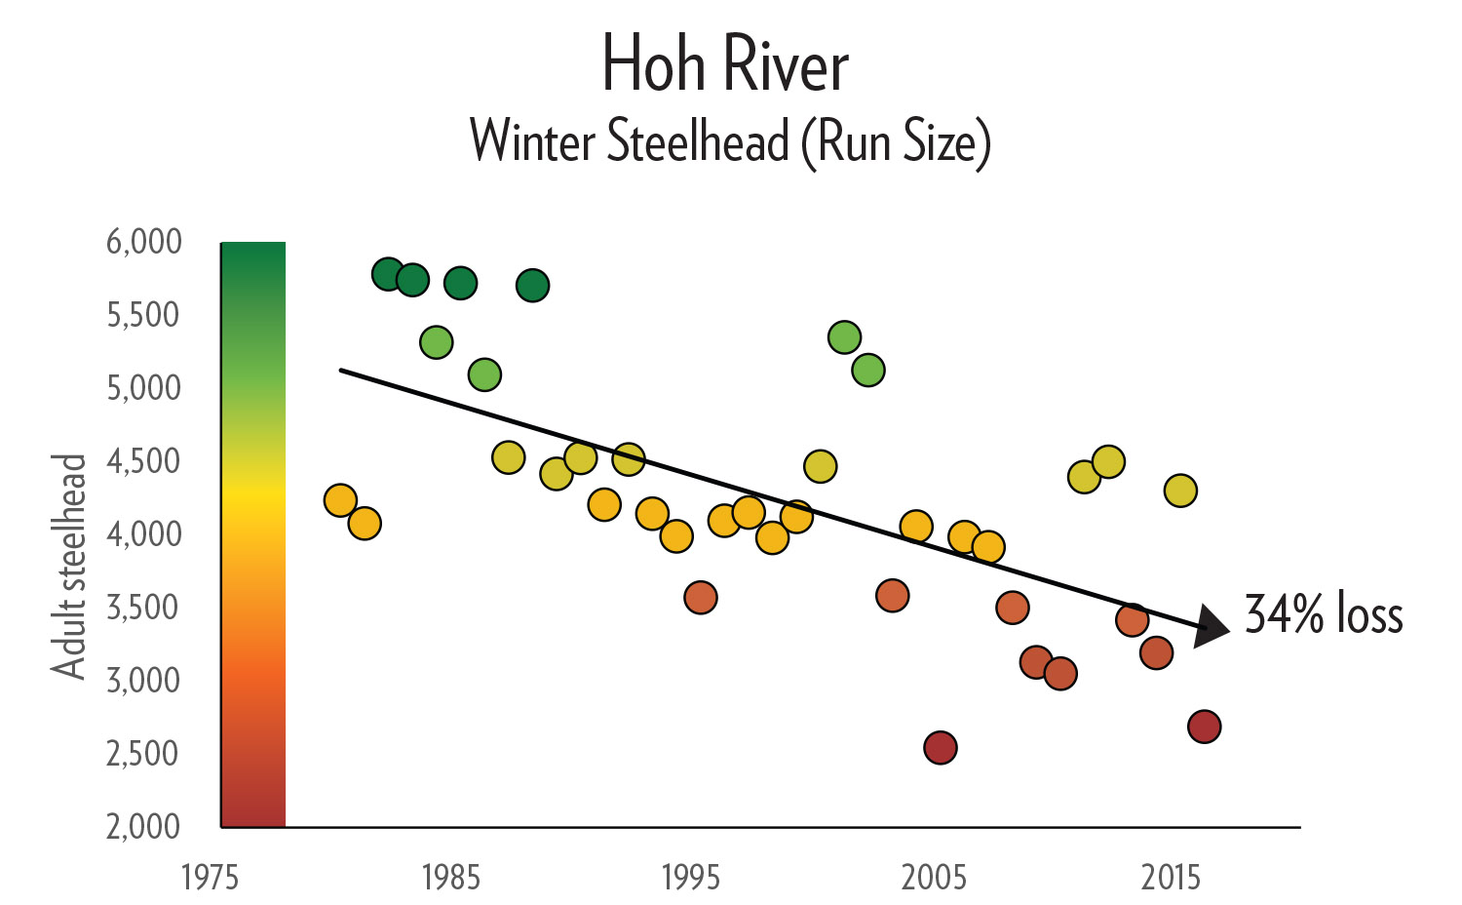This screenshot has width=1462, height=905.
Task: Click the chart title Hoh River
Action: (726, 65)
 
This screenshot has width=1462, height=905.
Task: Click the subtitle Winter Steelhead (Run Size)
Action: (730, 142)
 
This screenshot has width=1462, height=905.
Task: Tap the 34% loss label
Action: (1324, 614)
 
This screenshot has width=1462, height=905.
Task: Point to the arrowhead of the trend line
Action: (1212, 625)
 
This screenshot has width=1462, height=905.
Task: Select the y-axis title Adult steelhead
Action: (69, 566)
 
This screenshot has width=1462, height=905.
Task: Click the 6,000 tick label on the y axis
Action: (144, 241)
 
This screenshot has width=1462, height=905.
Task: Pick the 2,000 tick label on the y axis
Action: (144, 826)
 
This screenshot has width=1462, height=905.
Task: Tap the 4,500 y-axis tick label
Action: (144, 460)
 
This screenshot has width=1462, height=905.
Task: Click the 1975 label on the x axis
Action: (211, 878)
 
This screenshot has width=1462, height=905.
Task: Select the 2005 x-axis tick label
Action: (934, 878)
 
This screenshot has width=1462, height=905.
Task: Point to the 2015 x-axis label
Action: (1172, 878)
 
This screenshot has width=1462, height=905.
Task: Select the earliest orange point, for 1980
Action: (339, 500)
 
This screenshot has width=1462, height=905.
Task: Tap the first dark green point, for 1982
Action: (387, 274)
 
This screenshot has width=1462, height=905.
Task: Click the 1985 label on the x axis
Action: (450, 878)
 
